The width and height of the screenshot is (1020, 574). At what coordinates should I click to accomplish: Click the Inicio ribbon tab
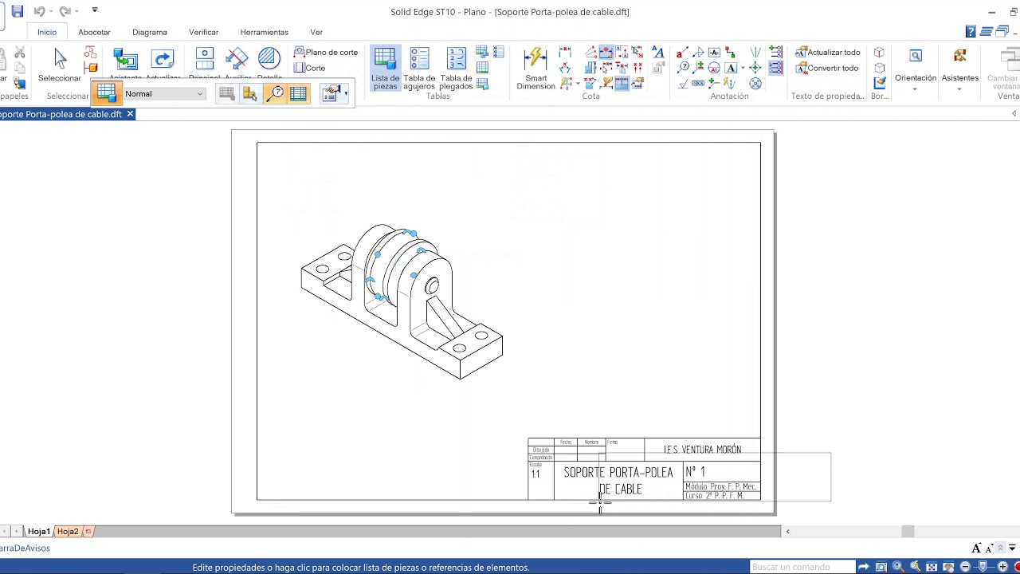click(x=47, y=32)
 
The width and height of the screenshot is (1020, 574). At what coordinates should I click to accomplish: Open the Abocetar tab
click(x=94, y=32)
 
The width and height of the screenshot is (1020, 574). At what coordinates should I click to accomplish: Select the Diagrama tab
click(x=150, y=32)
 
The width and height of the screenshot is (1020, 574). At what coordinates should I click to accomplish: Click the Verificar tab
click(x=203, y=32)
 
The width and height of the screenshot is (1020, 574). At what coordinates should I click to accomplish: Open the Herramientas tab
click(x=264, y=32)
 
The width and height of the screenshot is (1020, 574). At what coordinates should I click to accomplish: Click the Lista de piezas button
click(x=385, y=69)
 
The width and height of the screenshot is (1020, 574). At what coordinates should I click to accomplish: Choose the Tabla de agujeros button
click(x=419, y=69)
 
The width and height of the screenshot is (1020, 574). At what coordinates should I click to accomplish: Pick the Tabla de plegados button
click(x=456, y=69)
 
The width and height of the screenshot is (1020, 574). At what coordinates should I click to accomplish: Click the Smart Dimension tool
click(x=535, y=69)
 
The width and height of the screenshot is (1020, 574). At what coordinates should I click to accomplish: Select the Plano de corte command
click(x=326, y=52)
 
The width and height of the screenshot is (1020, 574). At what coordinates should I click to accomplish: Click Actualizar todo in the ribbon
click(x=828, y=52)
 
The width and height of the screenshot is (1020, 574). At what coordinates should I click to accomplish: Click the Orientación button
click(x=916, y=69)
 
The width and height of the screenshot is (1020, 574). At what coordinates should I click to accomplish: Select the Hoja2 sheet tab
click(x=68, y=531)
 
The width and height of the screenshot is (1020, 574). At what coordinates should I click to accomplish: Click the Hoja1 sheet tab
click(x=39, y=531)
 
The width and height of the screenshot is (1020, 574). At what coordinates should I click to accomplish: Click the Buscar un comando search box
click(x=802, y=567)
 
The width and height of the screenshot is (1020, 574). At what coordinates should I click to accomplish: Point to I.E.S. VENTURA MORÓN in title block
click(x=702, y=450)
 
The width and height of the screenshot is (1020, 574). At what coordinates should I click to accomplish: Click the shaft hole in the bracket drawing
click(x=432, y=285)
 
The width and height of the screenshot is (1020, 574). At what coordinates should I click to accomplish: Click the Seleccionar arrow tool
click(x=60, y=64)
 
